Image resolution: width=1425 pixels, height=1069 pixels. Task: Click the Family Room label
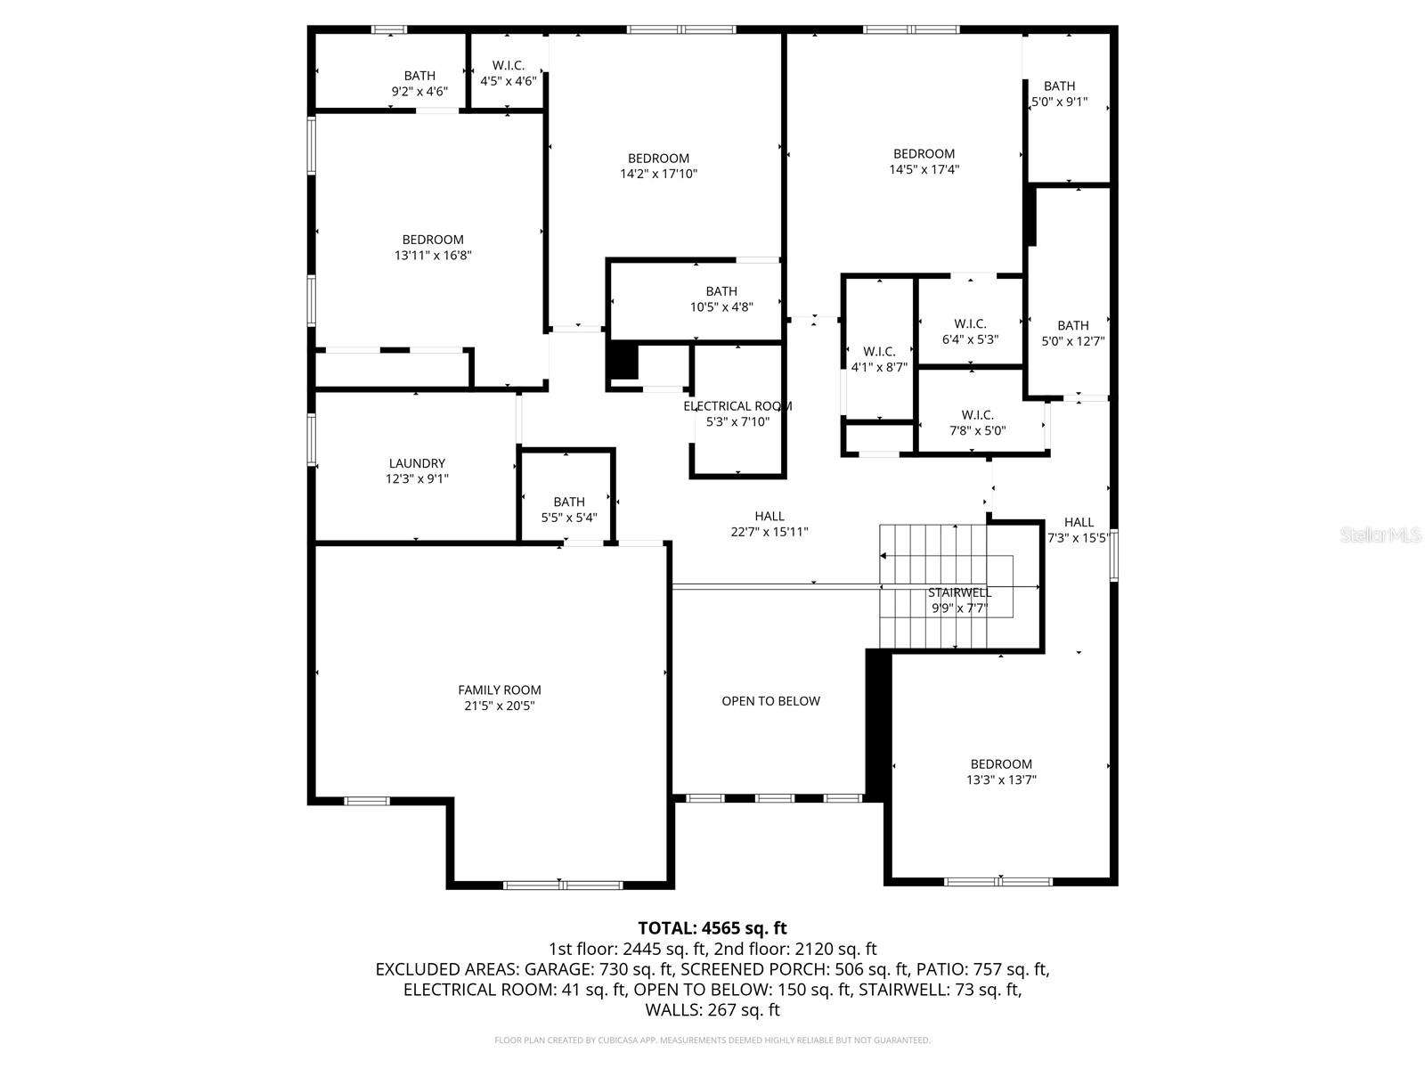click(x=499, y=690)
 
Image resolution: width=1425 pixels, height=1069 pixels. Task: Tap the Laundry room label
click(x=417, y=463)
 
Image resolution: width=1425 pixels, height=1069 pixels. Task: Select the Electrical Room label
click(x=737, y=406)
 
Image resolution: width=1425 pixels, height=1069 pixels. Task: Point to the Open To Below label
click(x=770, y=701)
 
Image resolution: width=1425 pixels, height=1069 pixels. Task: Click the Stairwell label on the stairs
click(x=959, y=593)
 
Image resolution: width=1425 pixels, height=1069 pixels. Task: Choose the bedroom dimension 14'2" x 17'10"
click(x=658, y=175)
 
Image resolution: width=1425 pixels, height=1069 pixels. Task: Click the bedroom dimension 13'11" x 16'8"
click(x=433, y=256)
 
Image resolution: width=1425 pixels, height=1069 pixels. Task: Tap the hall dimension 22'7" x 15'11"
click(x=769, y=533)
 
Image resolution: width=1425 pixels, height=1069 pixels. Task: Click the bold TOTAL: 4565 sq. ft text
click(x=712, y=928)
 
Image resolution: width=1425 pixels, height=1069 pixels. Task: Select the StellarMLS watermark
click(x=1380, y=535)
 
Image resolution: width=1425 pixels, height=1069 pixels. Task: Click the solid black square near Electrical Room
click(x=623, y=361)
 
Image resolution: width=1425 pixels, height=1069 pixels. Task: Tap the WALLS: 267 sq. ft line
click(x=712, y=1010)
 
